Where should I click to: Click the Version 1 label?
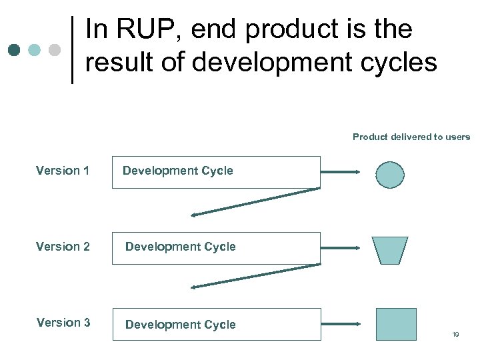(63, 171)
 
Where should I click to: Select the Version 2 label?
(63, 247)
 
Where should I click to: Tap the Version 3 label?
(63, 323)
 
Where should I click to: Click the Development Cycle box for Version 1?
(216, 172)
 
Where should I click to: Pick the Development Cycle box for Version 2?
(216, 248)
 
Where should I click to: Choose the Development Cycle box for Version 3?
(216, 324)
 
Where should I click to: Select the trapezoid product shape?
(390, 250)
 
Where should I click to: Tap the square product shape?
(396, 324)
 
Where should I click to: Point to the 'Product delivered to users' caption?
(411, 137)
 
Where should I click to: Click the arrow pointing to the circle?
(341, 172)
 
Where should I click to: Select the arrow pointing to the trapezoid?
(341, 248)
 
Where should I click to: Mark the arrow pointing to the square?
(341, 324)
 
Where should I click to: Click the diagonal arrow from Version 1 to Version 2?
(255, 202)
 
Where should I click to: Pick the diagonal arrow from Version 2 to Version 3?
(255, 277)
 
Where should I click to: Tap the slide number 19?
(455, 335)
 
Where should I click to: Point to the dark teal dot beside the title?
(15, 50)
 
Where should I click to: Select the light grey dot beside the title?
(55, 50)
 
